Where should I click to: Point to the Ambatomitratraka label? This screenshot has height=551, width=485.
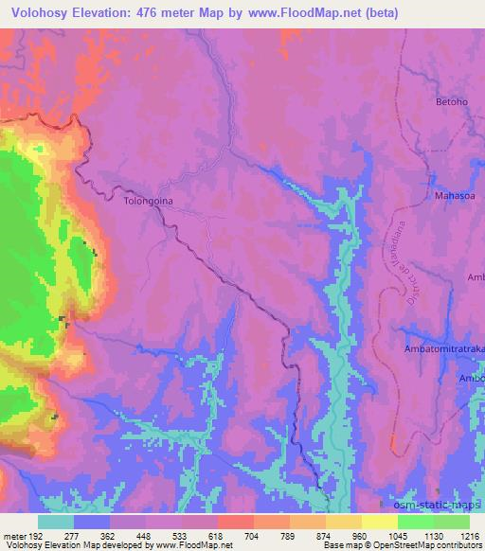444,348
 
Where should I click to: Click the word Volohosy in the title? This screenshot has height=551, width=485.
39,13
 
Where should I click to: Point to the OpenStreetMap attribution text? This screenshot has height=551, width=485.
433,545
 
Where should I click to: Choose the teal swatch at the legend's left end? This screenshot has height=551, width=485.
56,521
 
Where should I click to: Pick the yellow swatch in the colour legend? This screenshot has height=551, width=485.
379,521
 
